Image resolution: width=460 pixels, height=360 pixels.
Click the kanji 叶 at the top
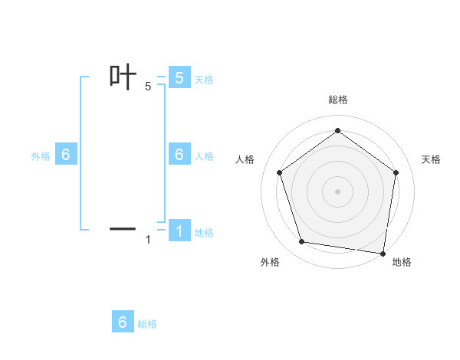point(123,77)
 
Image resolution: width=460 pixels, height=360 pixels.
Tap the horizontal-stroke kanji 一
point(123,228)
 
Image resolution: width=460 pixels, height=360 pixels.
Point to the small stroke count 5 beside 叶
point(148,87)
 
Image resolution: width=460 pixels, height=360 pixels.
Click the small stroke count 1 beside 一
point(148,240)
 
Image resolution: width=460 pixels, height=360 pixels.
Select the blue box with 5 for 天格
point(179,78)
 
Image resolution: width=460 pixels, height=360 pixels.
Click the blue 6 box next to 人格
point(179,155)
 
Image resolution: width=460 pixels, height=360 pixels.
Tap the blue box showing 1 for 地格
point(179,231)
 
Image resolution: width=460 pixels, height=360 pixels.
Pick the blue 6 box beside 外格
point(66,155)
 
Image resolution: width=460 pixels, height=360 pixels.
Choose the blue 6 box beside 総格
point(123,322)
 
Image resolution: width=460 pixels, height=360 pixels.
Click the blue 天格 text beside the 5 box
point(204,80)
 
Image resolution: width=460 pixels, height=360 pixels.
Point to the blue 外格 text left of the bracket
point(41,156)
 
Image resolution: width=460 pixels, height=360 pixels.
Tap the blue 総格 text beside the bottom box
point(147,324)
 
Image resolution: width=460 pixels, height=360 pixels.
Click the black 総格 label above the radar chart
point(337,100)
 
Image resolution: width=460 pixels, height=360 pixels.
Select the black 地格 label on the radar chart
point(402,262)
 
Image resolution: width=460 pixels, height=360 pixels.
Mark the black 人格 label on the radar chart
point(245,159)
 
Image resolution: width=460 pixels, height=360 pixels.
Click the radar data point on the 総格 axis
point(337,131)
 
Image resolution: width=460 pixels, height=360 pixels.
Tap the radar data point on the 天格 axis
point(396,172)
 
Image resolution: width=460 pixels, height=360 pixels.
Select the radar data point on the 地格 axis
point(383,253)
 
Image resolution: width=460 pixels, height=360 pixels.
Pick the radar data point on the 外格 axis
point(302,242)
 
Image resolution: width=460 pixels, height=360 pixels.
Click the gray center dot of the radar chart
point(337,191)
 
